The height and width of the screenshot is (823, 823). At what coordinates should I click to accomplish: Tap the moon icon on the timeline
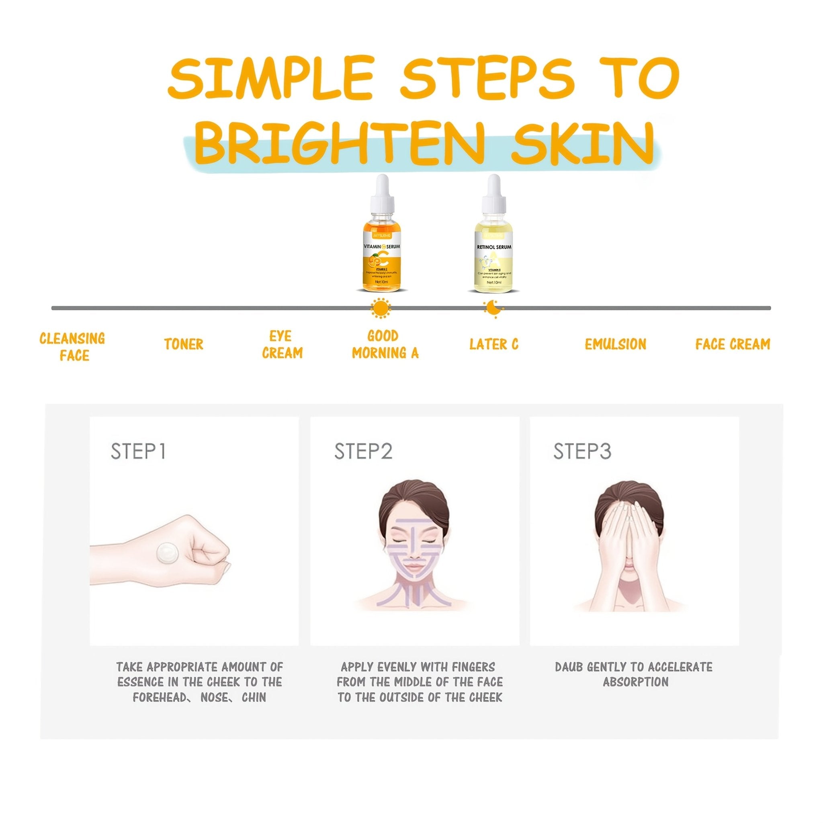(493, 308)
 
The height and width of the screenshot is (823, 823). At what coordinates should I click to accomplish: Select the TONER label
(184, 344)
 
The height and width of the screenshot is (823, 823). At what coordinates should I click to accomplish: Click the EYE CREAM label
(282, 345)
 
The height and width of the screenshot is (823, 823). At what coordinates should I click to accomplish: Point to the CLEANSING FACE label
(72, 347)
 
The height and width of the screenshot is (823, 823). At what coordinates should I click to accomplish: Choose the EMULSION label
(615, 344)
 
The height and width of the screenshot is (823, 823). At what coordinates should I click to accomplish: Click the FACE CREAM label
(733, 344)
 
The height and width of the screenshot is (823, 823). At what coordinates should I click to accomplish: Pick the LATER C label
(494, 344)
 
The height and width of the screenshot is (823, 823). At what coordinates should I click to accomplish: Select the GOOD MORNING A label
(385, 345)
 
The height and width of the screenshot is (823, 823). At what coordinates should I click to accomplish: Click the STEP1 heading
(138, 452)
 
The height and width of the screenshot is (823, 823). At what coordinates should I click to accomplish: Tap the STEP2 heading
(363, 452)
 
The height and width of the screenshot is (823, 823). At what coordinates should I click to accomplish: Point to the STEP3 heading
(582, 452)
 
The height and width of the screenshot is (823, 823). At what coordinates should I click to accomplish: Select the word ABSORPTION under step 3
(636, 682)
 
